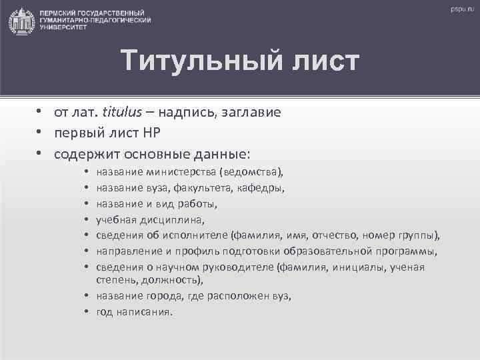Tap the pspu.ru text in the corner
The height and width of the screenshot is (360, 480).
point(460,9)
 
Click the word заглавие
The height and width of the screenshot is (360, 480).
point(250,113)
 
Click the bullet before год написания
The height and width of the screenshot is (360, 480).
point(88,311)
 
